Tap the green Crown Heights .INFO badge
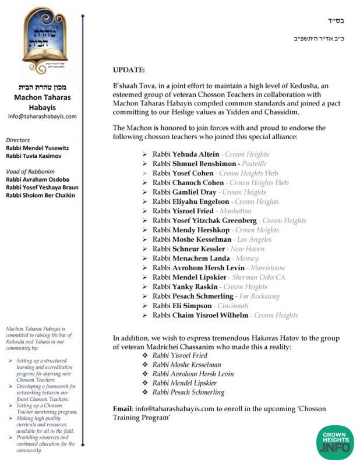pyautogui.click(x=335, y=441)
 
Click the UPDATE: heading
pyautogui.click(x=129, y=70)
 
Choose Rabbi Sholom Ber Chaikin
pyautogui.click(x=40, y=195)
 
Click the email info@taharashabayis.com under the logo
pyautogui.click(x=42, y=116)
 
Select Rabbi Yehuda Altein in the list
pyautogui.click(x=186, y=154)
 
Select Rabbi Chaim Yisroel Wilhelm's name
pyautogui.click(x=200, y=315)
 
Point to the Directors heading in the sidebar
pyautogui.click(x=17, y=140)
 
